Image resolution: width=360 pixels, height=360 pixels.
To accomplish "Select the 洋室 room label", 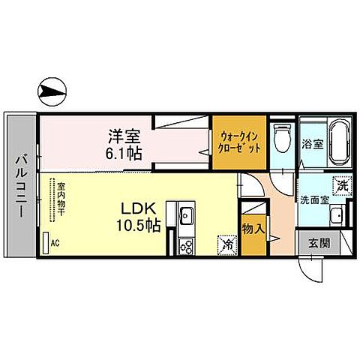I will tap(124, 136).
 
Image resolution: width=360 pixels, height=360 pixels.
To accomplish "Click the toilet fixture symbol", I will tap(283, 139).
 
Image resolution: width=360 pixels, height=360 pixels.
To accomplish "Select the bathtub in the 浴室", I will tap(340, 143).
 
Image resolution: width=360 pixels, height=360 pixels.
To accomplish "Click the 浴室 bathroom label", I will tap(313, 144).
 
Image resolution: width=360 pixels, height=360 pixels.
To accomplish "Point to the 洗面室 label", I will tap(315, 200).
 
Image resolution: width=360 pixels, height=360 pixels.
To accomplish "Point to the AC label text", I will tap(55, 243).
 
